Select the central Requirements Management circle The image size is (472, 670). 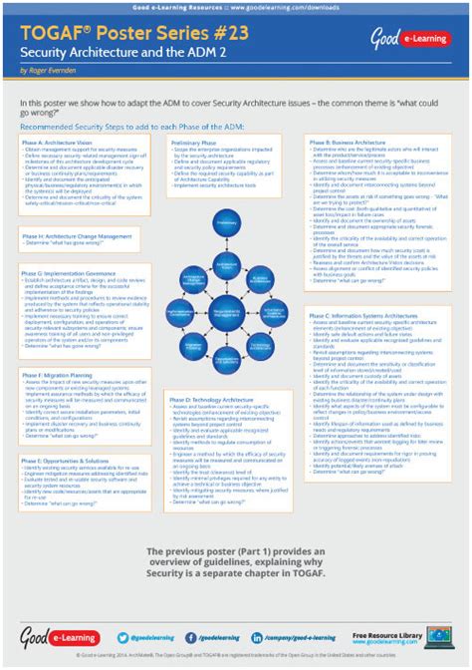[x=226, y=313]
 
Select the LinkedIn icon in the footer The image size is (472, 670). [x=256, y=636]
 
